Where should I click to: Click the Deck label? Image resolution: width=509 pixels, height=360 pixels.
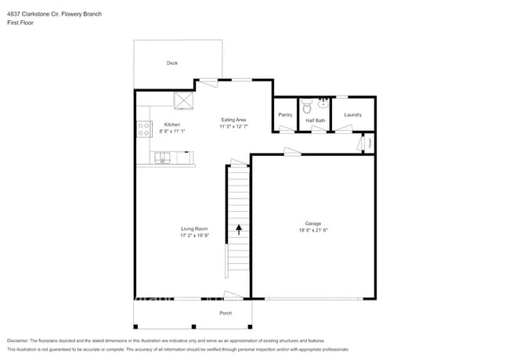(171, 63)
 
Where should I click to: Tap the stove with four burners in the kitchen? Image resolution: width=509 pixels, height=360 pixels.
(144, 129)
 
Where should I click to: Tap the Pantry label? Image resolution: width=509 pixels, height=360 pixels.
(285, 115)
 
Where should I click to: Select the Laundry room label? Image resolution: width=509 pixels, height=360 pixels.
(352, 115)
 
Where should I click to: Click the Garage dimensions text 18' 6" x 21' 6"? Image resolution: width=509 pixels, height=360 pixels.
(313, 230)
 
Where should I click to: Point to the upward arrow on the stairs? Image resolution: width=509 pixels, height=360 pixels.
(239, 229)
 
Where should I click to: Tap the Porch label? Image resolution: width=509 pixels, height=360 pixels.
(226, 313)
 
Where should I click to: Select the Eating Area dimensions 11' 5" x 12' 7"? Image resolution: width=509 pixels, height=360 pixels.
(233, 126)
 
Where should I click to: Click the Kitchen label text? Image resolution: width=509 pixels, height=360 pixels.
(171, 124)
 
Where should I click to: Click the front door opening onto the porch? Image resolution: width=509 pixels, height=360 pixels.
(233, 295)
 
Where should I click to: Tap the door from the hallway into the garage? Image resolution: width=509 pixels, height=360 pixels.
(292, 153)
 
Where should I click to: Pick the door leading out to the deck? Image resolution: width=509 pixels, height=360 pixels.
(207, 81)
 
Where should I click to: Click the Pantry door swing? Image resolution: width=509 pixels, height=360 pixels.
(287, 129)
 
